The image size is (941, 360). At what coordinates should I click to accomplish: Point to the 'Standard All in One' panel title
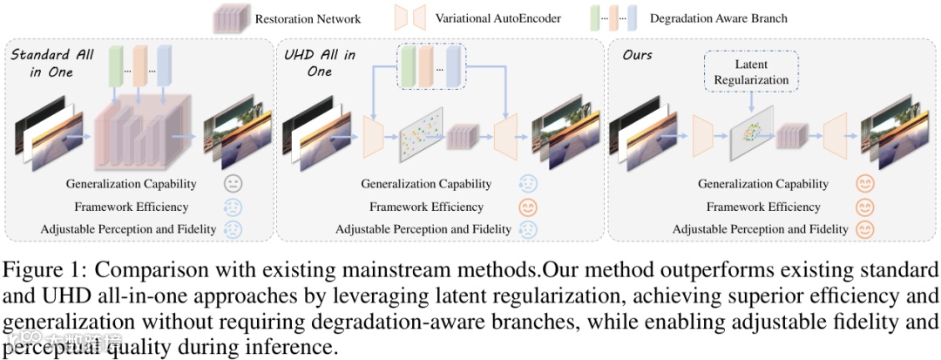[52, 64]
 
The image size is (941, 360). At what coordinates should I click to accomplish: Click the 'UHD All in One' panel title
[320, 63]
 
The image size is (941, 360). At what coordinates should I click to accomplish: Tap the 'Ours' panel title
[638, 56]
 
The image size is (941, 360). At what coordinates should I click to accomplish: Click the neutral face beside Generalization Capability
[232, 184]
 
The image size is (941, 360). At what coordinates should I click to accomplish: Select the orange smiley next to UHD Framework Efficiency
[528, 207]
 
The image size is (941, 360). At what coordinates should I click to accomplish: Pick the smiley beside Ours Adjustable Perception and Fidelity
[863, 229]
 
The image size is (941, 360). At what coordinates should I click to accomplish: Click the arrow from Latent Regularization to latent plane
[751, 101]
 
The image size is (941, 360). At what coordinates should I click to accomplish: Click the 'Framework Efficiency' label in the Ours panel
[763, 207]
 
